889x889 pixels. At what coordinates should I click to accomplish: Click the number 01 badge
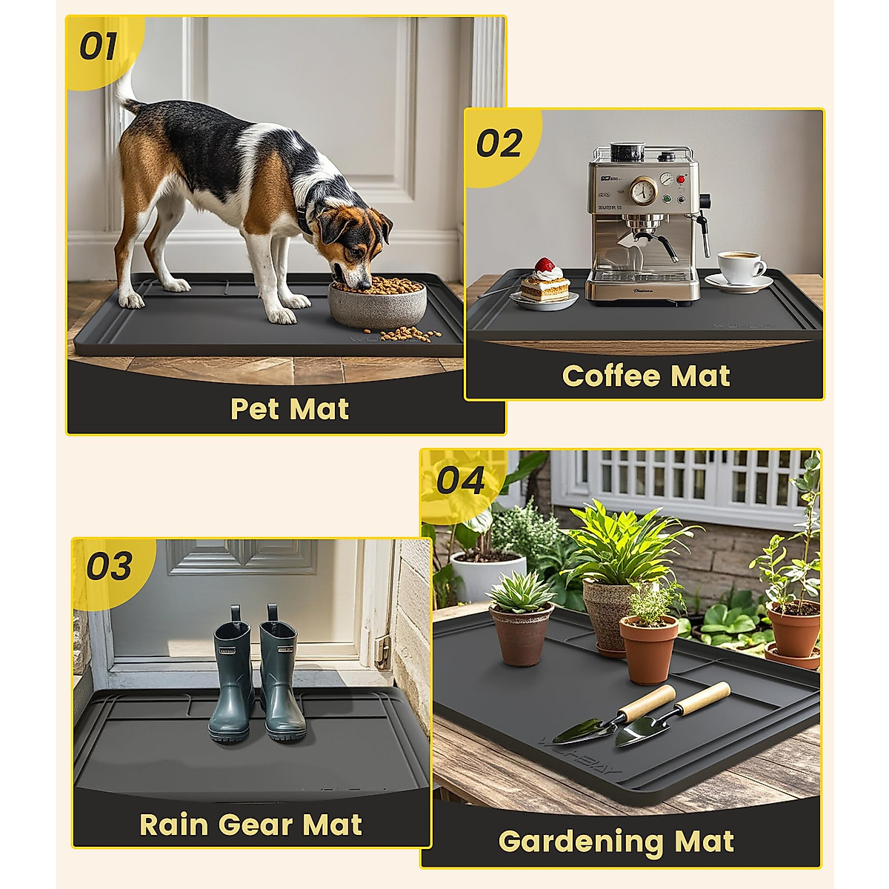pos(99,47)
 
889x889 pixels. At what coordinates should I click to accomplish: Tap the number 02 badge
pos(499,143)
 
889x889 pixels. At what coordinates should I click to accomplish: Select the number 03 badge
pos(109,567)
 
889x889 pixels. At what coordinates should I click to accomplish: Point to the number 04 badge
pos(460,481)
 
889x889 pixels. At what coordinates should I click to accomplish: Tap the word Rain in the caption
pos(172,825)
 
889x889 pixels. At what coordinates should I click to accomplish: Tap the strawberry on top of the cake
pos(545,265)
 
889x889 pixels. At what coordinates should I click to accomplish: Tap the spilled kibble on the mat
pos(411,334)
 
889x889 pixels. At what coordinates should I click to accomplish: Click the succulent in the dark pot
pos(520,592)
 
